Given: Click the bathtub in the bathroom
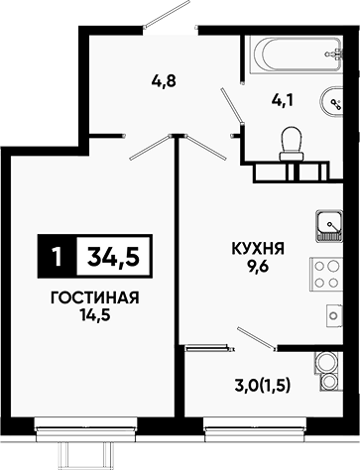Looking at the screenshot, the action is click(x=296, y=55).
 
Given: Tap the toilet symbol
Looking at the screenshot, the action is click(x=291, y=145).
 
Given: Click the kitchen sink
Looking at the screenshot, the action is click(x=329, y=226).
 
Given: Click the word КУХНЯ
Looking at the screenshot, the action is click(x=259, y=248).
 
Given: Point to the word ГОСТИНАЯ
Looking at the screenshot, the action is click(x=94, y=297).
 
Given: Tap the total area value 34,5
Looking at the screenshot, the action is click(x=113, y=256).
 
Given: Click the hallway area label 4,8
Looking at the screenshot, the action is click(x=164, y=81).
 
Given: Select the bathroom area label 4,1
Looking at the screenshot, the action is click(x=283, y=100).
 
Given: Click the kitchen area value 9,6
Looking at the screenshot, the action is click(x=259, y=265).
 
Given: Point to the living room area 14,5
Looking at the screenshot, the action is click(x=94, y=315).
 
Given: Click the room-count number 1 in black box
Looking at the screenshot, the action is click(x=58, y=257).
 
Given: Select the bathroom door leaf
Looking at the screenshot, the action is click(x=231, y=105).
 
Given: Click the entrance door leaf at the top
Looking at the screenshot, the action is click(x=167, y=13).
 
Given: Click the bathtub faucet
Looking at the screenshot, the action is click(x=335, y=55).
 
